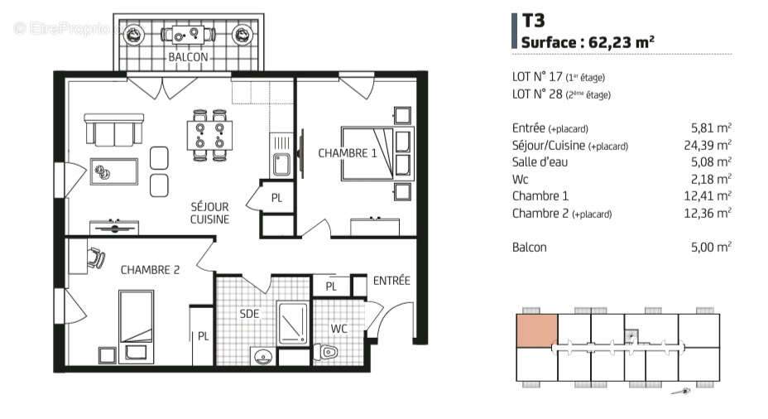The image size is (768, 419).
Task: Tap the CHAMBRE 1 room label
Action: [x=348, y=153]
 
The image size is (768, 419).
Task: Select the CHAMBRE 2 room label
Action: [x=150, y=269]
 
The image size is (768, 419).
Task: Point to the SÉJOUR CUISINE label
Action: [x=209, y=213]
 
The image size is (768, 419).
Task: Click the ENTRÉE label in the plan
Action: [x=391, y=281]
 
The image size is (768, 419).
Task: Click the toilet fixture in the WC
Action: [x=328, y=352]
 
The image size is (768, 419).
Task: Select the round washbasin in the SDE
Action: [x=264, y=357]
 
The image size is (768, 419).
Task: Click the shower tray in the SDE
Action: [x=292, y=323]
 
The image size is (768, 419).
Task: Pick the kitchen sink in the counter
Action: [x=281, y=164]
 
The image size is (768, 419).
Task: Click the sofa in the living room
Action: [x=113, y=132]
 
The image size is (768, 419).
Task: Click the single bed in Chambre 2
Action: [x=136, y=315]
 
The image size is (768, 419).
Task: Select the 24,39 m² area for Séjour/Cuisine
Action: [x=711, y=145]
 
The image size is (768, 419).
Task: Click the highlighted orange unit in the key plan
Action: [x=536, y=330]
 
